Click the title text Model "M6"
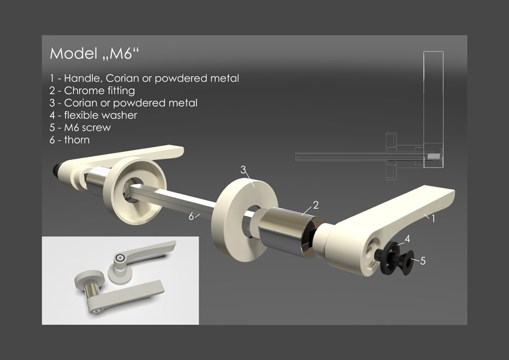[94, 54]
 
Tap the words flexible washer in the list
[101, 115]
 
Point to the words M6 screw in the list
[87, 128]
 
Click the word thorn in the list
[77, 140]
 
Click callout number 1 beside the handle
[432, 219]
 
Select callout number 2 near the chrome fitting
[316, 205]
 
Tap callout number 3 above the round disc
[243, 169]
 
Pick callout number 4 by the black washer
[408, 239]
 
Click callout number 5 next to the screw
[423, 260]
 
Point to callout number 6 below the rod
[192, 216]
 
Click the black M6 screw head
[406, 262]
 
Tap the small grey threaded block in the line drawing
[433, 156]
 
